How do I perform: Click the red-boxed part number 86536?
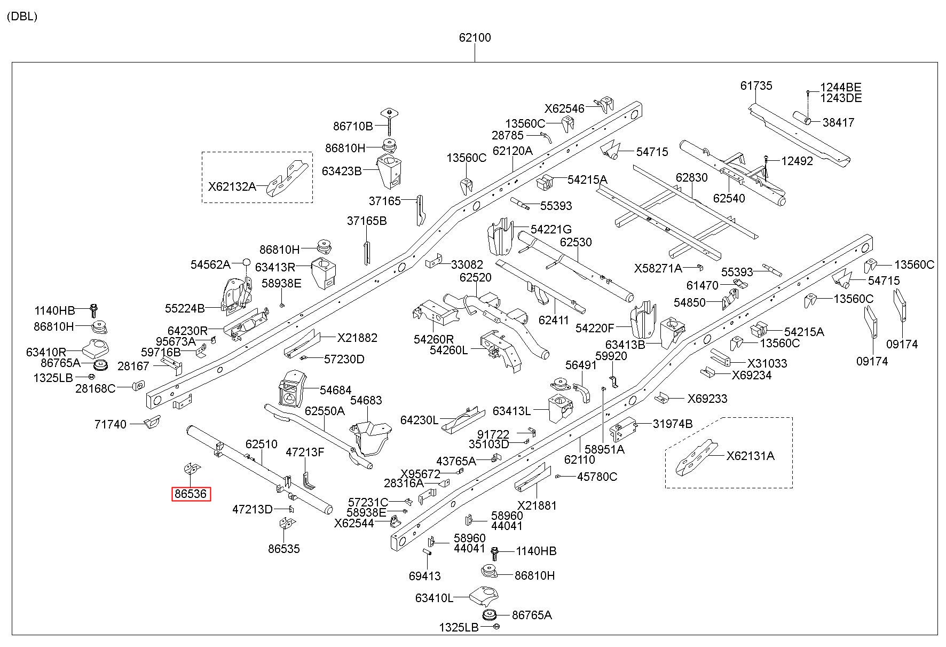pos(191,494)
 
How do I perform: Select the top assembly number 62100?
pos(475,37)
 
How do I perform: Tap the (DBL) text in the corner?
pos(22,17)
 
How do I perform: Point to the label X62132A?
pos(232,186)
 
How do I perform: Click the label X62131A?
pos(750,456)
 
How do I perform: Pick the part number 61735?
pos(756,85)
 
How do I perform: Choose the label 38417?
pos(838,122)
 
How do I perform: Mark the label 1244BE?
pos(841,88)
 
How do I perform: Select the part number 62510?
pos(262,444)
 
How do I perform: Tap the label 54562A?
pos(210,264)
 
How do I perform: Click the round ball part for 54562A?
pos(247,262)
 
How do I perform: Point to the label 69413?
pos(425,576)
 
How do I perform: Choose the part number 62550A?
pos(325,411)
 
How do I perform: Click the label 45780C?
pos(597,477)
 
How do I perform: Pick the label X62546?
pos(564,109)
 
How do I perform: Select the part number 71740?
pos(111,424)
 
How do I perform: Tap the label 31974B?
pos(673,424)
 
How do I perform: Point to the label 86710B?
pos(353,127)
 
